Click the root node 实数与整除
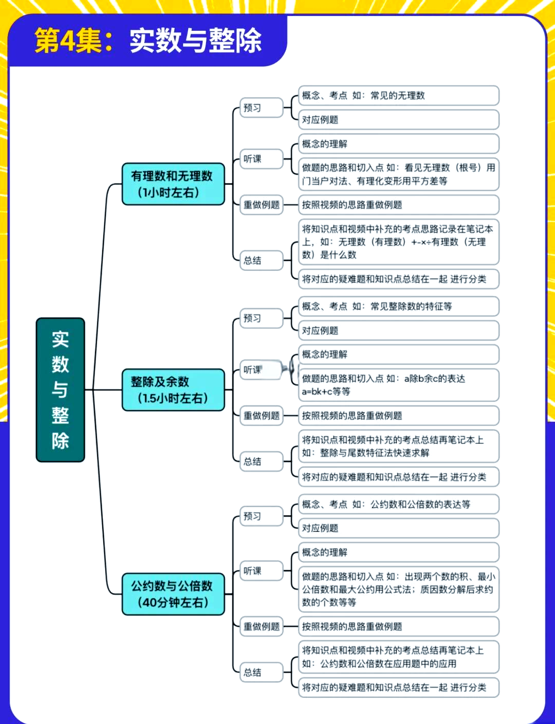tap(60, 389)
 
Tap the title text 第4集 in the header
tap(68, 41)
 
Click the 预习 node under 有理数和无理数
tap(262, 108)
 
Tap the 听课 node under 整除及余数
tap(261, 370)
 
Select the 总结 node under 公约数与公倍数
tap(262, 672)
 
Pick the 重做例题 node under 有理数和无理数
tap(262, 205)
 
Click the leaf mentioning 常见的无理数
tap(398, 96)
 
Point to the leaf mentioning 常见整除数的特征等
tap(398, 306)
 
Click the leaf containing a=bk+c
tap(398, 385)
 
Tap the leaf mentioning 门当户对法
tap(398, 174)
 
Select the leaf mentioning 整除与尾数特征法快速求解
tap(398, 446)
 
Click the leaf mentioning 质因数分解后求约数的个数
tap(398, 589)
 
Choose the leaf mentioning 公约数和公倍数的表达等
tap(398, 504)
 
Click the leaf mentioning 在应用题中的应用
tap(398, 657)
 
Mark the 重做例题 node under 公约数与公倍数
tap(262, 626)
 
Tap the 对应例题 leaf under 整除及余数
tap(398, 330)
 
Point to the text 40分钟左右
tap(173, 602)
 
